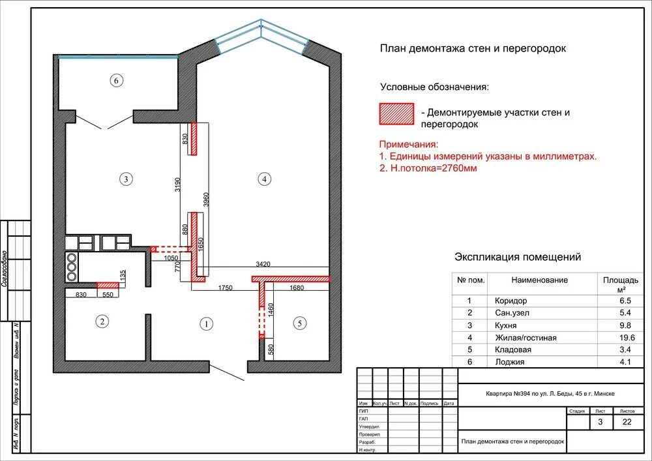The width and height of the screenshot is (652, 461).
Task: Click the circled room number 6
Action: pyautogui.click(x=116, y=81)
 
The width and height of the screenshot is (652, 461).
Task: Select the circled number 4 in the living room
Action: pyautogui.click(x=263, y=178)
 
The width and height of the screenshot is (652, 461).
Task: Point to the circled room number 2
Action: pyautogui.click(x=101, y=321)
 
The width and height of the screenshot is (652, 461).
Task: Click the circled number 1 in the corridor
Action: pyautogui.click(x=206, y=323)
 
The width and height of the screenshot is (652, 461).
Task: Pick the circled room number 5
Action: pyautogui.click(x=299, y=323)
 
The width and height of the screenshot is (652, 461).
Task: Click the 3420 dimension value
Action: pyautogui.click(x=263, y=264)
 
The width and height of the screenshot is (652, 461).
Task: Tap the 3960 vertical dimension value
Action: pyautogui.click(x=206, y=200)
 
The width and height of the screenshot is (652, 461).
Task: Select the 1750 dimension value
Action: pyautogui.click(x=225, y=288)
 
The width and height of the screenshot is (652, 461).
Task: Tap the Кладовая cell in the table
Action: pyautogui.click(x=513, y=349)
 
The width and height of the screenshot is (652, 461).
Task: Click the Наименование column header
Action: pyautogui.click(x=539, y=280)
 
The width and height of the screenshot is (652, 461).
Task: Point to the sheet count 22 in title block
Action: pyautogui.click(x=627, y=423)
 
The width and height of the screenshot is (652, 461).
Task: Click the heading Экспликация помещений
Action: pyautogui.click(x=517, y=257)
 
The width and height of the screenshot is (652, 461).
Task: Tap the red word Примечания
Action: pyautogui.click(x=408, y=145)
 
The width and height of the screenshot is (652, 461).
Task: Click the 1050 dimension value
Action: pyautogui.click(x=171, y=258)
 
